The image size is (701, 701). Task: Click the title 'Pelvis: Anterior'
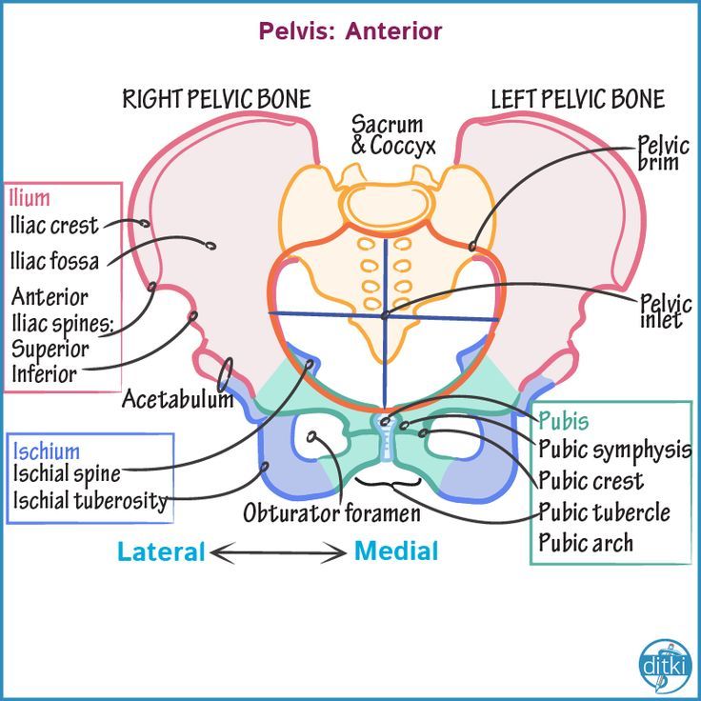coord(350,30)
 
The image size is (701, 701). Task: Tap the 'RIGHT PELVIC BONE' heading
coord(216,99)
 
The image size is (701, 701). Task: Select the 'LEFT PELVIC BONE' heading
coord(577,99)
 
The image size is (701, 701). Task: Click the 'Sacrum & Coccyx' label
coord(392,135)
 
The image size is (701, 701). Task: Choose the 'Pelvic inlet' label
coord(660,311)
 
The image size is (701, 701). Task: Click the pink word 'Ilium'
coord(30,199)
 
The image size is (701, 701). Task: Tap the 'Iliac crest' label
coord(53,227)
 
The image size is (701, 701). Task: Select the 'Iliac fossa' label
coord(54,260)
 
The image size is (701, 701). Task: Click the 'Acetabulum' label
coord(177,399)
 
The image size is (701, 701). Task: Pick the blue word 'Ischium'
coord(47,451)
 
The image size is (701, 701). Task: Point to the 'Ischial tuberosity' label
coord(90,500)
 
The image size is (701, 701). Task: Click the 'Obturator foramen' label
coord(331,514)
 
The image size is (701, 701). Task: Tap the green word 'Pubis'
coord(564,421)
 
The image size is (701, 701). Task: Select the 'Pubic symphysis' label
coord(614,450)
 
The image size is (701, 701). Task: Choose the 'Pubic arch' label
coord(586,544)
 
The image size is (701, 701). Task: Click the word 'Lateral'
coord(161,551)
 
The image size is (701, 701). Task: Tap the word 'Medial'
coord(396,551)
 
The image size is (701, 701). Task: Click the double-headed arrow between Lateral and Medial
coord(279,551)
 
